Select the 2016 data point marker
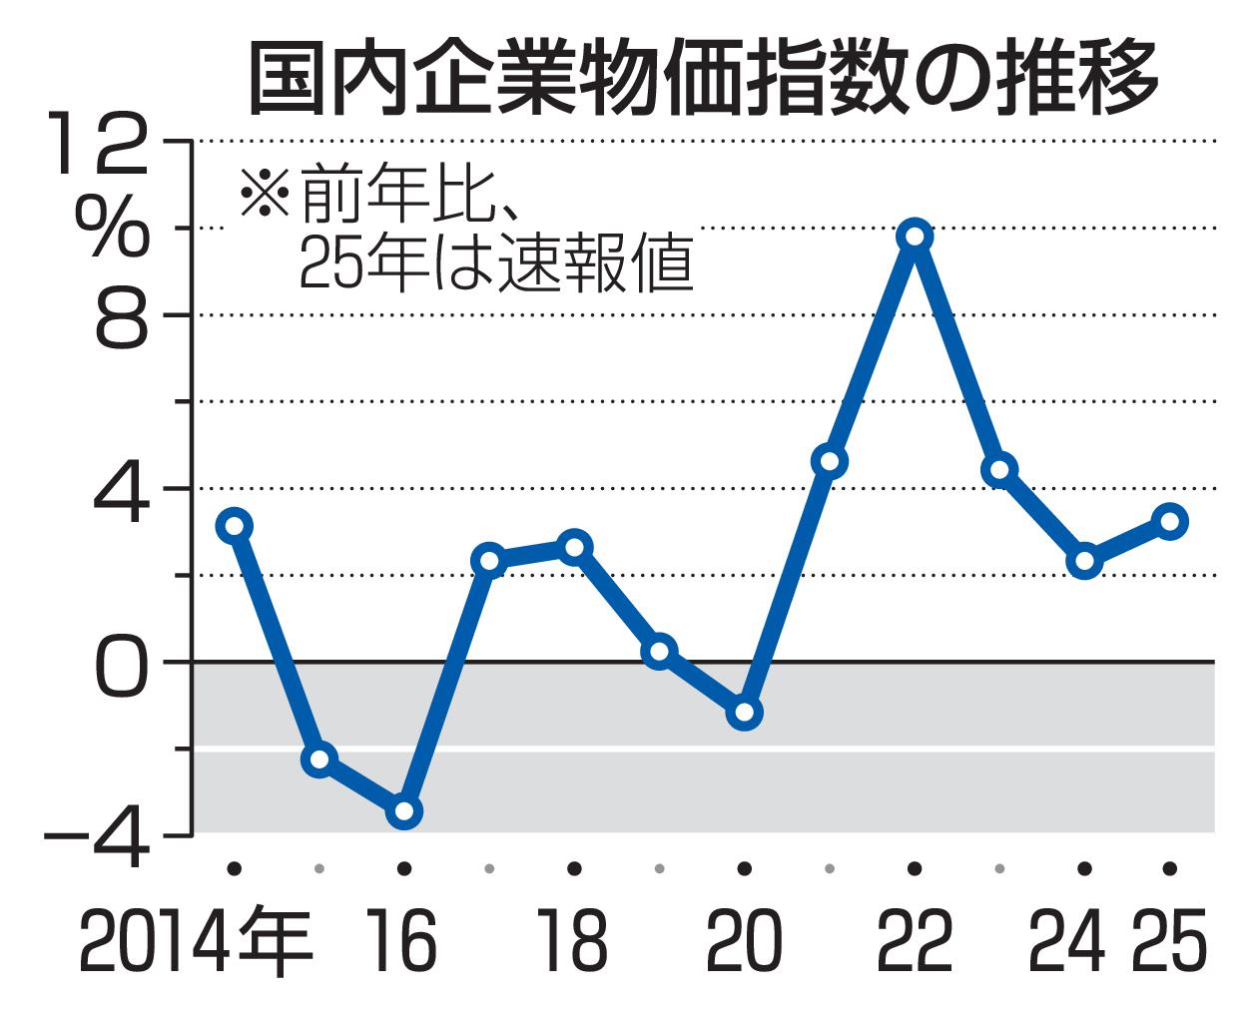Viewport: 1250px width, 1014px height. pos(404,811)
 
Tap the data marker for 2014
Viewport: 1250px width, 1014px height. pos(234,525)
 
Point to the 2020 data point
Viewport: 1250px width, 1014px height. pos(744,713)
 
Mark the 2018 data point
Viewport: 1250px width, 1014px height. pos(574,546)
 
